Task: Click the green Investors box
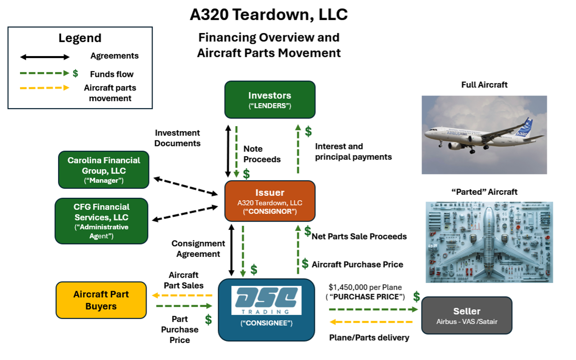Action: click(x=270, y=99)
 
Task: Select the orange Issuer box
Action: click(x=270, y=201)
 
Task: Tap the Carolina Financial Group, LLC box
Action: click(x=104, y=169)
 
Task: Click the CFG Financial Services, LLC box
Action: click(x=101, y=221)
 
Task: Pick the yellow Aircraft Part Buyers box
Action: click(x=101, y=300)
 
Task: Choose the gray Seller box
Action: click(x=466, y=315)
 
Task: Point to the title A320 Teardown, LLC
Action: click(x=269, y=14)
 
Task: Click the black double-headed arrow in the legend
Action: click(x=45, y=57)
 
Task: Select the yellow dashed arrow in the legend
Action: click(x=45, y=88)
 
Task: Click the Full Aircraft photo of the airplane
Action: click(x=484, y=135)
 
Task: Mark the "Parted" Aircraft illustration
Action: click(x=489, y=242)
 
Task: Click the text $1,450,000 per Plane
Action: click(x=365, y=287)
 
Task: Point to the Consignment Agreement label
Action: click(x=198, y=249)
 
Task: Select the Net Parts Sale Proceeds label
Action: click(x=359, y=236)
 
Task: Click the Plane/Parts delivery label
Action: click(x=369, y=337)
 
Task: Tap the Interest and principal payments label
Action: click(x=353, y=152)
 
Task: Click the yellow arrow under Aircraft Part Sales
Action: click(x=183, y=295)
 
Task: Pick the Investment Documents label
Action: click(x=177, y=138)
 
